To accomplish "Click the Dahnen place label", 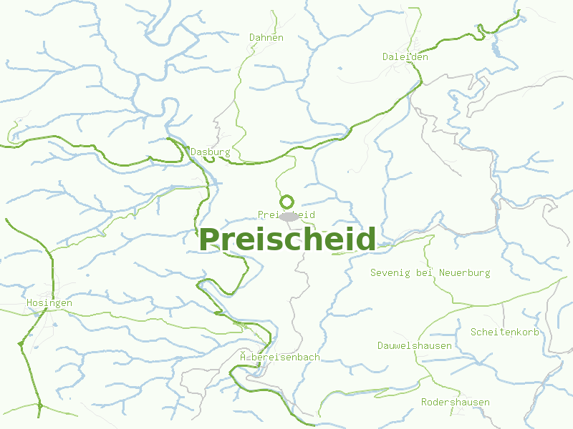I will click(x=266, y=37).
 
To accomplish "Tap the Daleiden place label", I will click(x=405, y=56).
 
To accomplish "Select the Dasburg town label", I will click(x=211, y=152).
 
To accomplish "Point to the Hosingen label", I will click(x=49, y=303).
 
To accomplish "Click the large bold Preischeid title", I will click(x=287, y=240).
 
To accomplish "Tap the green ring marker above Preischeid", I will click(x=287, y=202).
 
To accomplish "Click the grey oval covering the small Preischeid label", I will click(x=289, y=216).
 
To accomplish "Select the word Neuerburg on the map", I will click(x=465, y=272).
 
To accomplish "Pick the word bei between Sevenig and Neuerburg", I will click(x=425, y=272).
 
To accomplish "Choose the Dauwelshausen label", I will click(x=415, y=346).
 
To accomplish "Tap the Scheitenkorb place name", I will click(x=504, y=332).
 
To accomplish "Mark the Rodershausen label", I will click(x=456, y=402).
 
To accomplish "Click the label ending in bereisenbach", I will click(x=280, y=357).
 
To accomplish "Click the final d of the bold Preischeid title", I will click(x=366, y=240).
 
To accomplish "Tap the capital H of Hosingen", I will click(x=29, y=303).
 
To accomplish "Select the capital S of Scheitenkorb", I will click(x=473, y=332).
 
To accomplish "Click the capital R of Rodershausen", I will click(x=425, y=402).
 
